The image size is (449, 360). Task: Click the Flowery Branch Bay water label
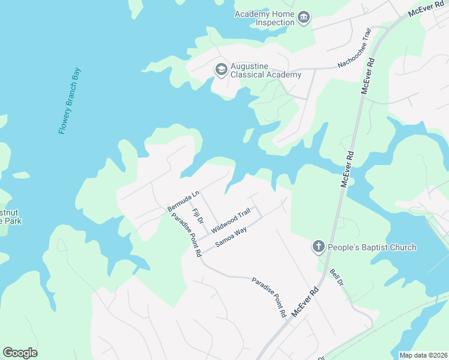(x=70, y=101)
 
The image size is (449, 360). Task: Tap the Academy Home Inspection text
(x=265, y=18)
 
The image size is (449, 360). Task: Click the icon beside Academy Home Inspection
(x=304, y=18)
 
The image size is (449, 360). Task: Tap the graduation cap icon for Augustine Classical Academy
(x=221, y=70)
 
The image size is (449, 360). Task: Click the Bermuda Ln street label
(x=183, y=202)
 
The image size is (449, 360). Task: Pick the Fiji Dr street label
(x=196, y=216)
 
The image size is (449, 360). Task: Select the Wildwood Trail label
(x=230, y=218)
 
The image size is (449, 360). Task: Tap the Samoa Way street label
(x=231, y=237)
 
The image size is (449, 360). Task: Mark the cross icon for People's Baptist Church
(x=319, y=247)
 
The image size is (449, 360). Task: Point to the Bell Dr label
(x=336, y=277)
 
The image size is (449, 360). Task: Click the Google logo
(x=20, y=353)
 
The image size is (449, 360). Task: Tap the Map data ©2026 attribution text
(x=423, y=355)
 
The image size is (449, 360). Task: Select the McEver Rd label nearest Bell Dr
(x=304, y=302)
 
